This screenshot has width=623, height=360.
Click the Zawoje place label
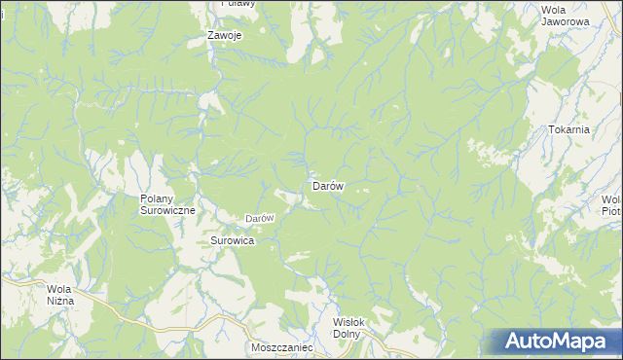pos(225,36)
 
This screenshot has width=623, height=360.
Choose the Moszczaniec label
pos(280,346)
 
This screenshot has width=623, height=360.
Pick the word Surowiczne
pos(168,210)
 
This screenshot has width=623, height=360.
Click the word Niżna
pos(59,301)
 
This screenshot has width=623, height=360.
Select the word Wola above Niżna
pos(60,289)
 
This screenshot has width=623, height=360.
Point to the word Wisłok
pos(347,323)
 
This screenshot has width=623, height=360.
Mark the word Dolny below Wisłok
pos(347,335)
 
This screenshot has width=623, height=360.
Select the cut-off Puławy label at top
pos(237,4)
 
